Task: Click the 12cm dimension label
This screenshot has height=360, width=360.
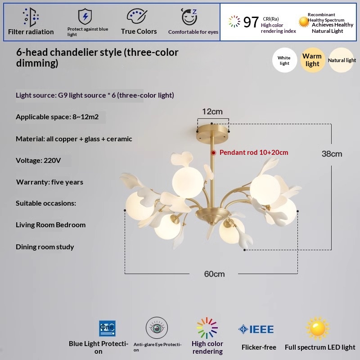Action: point(212,112)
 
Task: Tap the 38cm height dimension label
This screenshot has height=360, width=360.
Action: point(332,154)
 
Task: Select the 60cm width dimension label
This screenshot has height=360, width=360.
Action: point(214,274)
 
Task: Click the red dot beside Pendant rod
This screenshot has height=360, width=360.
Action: point(213,153)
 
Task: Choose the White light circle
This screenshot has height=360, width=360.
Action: point(284,60)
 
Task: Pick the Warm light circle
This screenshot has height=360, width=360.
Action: point(312,60)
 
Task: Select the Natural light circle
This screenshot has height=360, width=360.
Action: point(341,60)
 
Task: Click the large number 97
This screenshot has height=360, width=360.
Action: point(251,22)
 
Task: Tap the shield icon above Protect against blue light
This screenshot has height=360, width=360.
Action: point(85,16)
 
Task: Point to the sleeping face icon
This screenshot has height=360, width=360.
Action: point(189,17)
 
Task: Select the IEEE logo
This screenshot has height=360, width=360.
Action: point(256,329)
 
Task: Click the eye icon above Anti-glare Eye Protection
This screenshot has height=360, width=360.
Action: point(157,328)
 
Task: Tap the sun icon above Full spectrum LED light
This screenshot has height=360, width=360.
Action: point(318,328)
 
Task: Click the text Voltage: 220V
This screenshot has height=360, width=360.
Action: point(38,161)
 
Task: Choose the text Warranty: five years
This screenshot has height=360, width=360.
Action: point(49,182)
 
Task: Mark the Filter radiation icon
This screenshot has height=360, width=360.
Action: point(31,17)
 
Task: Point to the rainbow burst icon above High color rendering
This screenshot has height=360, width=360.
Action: point(207,328)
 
